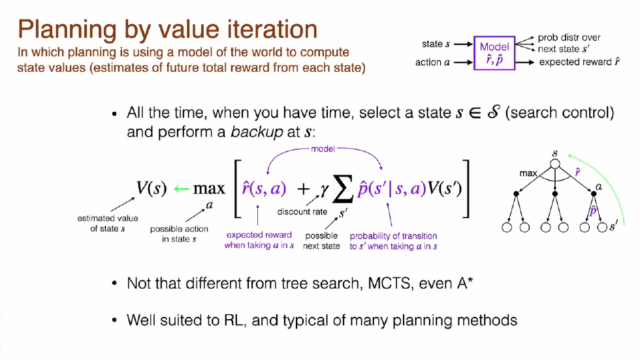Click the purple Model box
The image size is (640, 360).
pos(494,53)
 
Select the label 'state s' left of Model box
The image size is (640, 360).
pos(436,44)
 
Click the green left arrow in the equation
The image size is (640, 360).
pos(182,189)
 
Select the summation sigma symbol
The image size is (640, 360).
pos(340,190)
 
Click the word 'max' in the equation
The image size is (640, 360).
pos(209,189)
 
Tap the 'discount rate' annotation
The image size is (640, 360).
pos(302,212)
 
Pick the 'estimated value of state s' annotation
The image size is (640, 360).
pos(108,223)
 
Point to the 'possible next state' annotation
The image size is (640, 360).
pos(321,240)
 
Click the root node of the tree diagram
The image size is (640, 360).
pos(555,155)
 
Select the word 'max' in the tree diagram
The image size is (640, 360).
pos(528,174)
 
